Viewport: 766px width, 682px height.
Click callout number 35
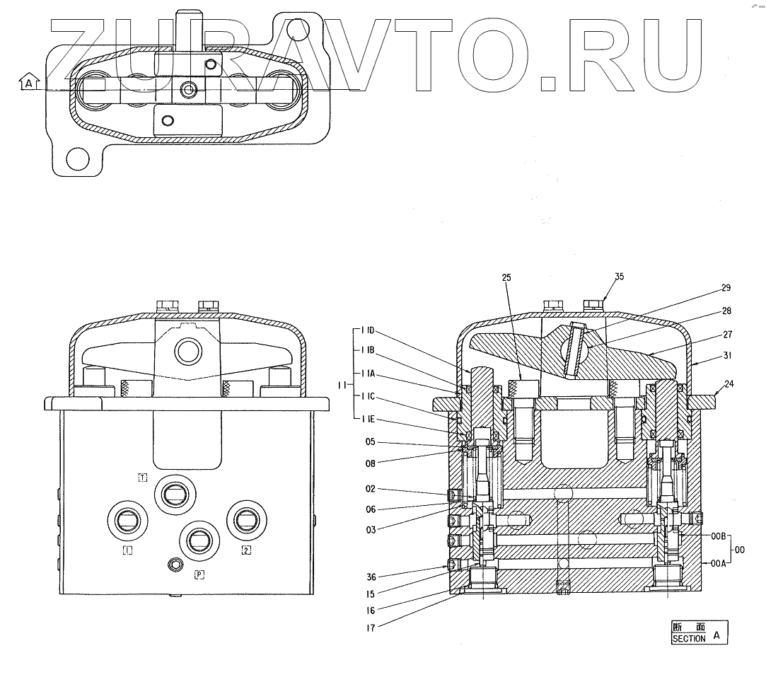point(619,277)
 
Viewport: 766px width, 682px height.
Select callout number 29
point(726,288)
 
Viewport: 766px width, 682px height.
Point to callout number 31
point(726,356)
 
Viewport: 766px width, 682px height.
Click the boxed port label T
point(142,478)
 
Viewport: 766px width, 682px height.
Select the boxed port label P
point(200,574)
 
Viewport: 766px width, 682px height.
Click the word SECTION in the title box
point(688,638)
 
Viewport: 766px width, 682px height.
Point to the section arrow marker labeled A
point(28,83)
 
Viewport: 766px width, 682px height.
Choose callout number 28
point(726,311)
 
